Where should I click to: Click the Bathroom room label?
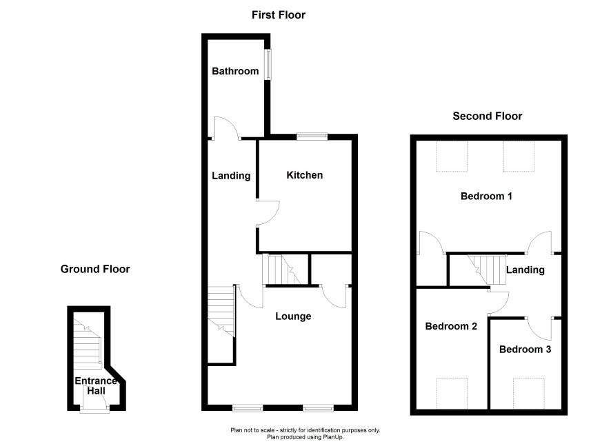pos(235,71)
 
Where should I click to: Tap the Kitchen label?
pos(304,175)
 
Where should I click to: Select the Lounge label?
pos(293,316)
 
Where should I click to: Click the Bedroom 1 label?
pos(486,196)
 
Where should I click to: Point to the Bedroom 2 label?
pos(451,326)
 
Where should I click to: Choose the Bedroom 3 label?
pos(525,349)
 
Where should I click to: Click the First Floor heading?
pos(279,14)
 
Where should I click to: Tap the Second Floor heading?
pos(487,116)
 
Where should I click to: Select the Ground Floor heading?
pos(95,269)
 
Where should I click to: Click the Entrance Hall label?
pos(90,385)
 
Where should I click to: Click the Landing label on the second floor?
pos(525,270)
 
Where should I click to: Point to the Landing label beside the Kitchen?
pos(231,176)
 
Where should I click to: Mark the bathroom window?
pos(270,63)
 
